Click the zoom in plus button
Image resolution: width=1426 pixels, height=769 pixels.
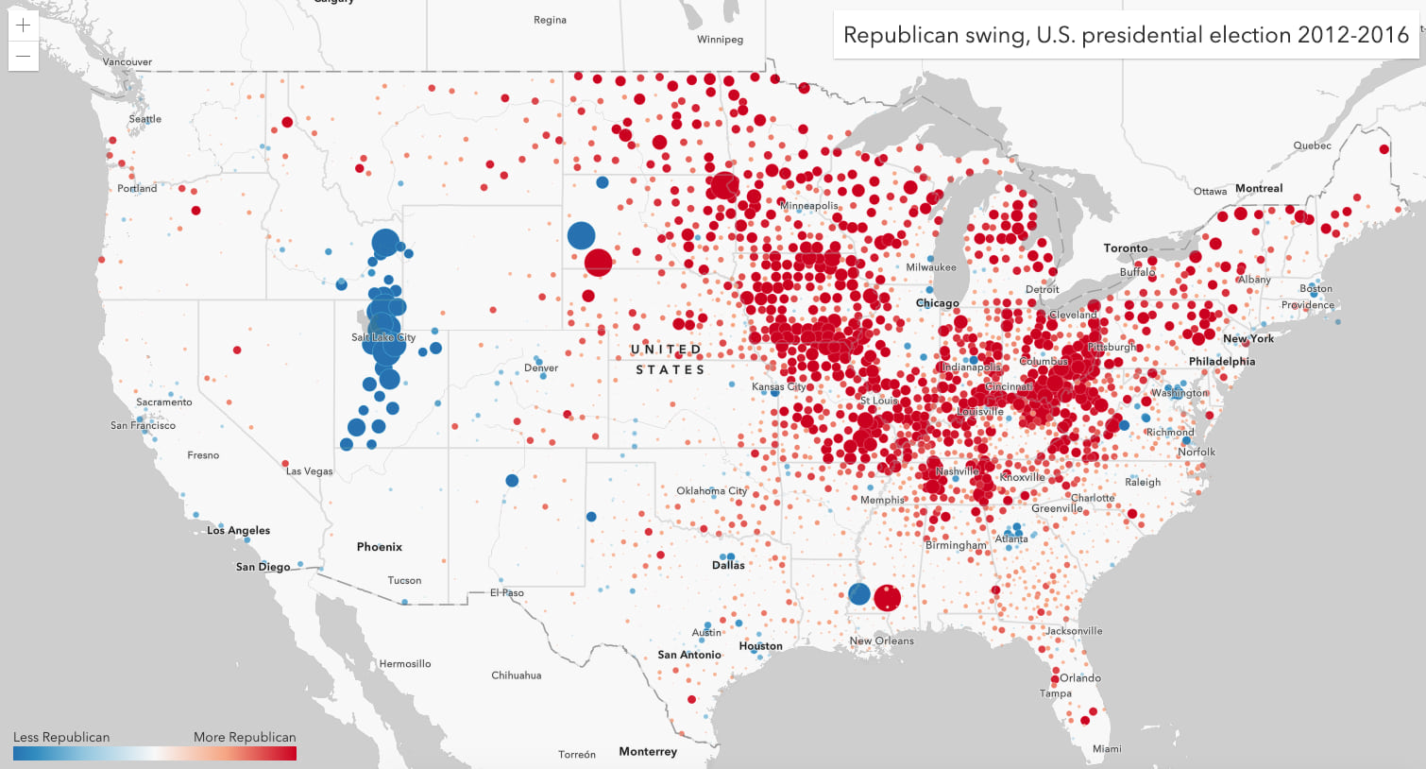click(x=24, y=26)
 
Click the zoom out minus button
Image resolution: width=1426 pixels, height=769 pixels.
click(x=24, y=56)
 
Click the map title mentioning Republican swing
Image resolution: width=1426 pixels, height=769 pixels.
click(x=1126, y=35)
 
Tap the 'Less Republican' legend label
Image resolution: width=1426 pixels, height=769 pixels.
click(x=61, y=737)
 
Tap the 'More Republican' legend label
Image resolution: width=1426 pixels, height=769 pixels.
click(x=245, y=737)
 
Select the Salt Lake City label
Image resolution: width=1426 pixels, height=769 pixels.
click(x=383, y=337)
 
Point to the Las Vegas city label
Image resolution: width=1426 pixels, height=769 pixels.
click(x=310, y=470)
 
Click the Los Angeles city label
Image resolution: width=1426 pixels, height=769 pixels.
click(x=239, y=530)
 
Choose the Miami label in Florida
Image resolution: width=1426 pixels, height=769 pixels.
click(x=1107, y=748)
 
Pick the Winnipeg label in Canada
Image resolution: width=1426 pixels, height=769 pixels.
click(x=720, y=40)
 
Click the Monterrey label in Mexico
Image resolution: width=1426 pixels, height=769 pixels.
click(x=648, y=751)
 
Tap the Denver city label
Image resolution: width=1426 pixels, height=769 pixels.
click(x=541, y=367)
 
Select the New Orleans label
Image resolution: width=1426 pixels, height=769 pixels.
click(x=881, y=641)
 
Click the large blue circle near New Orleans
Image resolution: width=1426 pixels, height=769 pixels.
click(x=859, y=593)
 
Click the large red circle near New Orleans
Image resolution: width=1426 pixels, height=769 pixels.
click(x=887, y=597)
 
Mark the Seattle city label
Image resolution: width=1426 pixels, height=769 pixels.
click(x=145, y=119)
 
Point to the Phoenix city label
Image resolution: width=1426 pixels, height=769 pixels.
click(x=380, y=546)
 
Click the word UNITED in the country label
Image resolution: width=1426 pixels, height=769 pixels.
click(x=666, y=350)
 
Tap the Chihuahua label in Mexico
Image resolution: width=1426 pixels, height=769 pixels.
click(x=517, y=675)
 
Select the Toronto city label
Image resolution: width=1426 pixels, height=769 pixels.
click(x=1126, y=248)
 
